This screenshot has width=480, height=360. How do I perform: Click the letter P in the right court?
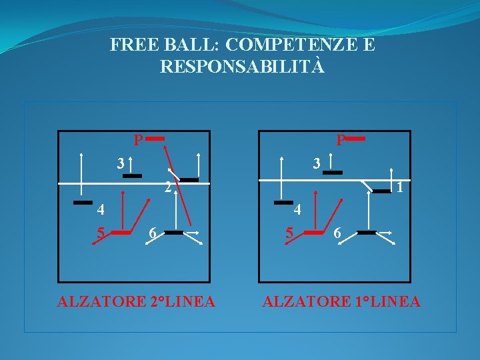[341, 141]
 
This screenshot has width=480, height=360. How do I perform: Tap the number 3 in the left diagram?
[120, 163]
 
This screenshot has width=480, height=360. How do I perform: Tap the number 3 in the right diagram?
[318, 163]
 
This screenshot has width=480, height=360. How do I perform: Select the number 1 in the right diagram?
[398, 188]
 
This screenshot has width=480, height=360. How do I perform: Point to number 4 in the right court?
[299, 210]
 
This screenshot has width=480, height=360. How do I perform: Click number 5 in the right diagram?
[289, 233]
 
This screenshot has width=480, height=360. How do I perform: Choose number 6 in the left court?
[153, 233]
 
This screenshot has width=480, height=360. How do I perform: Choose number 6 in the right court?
[338, 233]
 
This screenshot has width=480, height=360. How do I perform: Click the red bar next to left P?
[155, 139]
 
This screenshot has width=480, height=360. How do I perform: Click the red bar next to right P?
[355, 139]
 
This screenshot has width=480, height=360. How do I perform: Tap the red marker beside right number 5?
[313, 233]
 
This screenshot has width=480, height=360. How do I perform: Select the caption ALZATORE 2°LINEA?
[136, 302]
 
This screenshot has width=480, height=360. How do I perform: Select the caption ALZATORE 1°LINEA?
[341, 302]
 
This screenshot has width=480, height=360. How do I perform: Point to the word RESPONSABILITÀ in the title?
[243, 67]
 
